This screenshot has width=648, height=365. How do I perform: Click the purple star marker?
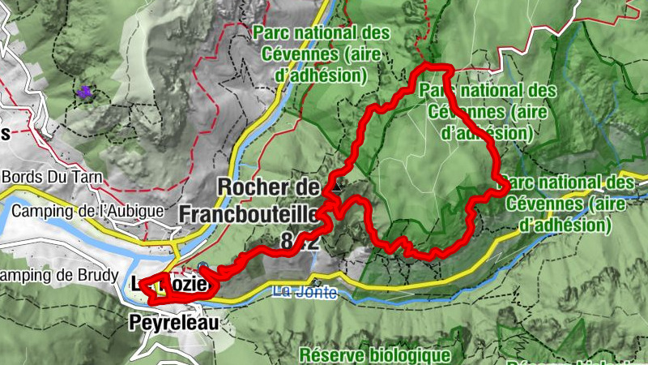point(84,93)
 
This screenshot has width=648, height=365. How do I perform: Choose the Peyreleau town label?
point(173,324)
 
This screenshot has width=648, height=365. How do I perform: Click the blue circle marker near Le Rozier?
point(202,267)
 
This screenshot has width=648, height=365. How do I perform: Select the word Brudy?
point(99,274)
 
